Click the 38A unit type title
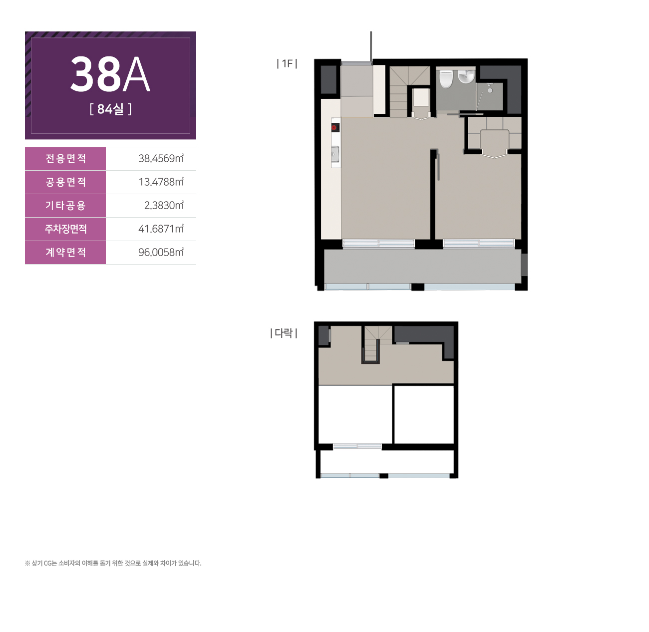[x=110, y=74]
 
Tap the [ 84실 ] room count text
[x=110, y=109]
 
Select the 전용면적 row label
[x=66, y=158]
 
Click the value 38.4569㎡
[x=161, y=158]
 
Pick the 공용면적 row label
[x=66, y=182]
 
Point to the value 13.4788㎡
[x=161, y=182]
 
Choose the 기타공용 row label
[x=66, y=206]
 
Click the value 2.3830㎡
[x=164, y=205]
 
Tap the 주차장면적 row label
[x=66, y=229]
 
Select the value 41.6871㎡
[x=161, y=229]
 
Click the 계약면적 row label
[x=66, y=253]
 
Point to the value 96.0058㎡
[x=161, y=252]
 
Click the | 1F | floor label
[x=287, y=63]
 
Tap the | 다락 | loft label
[x=284, y=333]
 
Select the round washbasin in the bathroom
[x=466, y=76]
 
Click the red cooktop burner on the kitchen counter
[x=335, y=127]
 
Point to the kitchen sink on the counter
[x=335, y=155]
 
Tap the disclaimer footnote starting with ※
[x=113, y=563]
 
